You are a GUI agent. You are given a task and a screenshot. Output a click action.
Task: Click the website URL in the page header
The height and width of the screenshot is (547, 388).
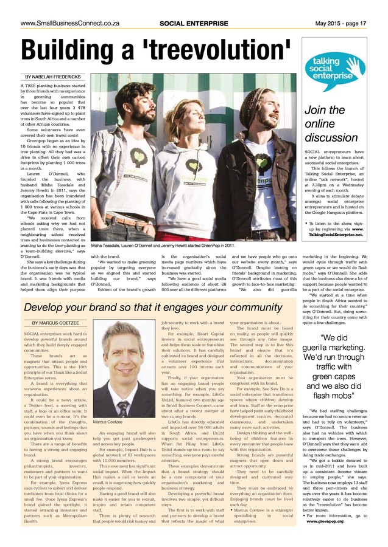[x=69, y=23]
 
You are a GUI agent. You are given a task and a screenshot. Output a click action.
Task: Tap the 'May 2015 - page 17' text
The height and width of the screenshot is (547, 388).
[x=340, y=23]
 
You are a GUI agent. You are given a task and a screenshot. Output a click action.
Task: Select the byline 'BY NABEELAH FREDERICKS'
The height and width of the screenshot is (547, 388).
[x=52, y=77]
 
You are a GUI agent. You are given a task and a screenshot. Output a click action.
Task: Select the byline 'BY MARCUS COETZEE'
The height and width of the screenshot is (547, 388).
[x=56, y=323]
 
